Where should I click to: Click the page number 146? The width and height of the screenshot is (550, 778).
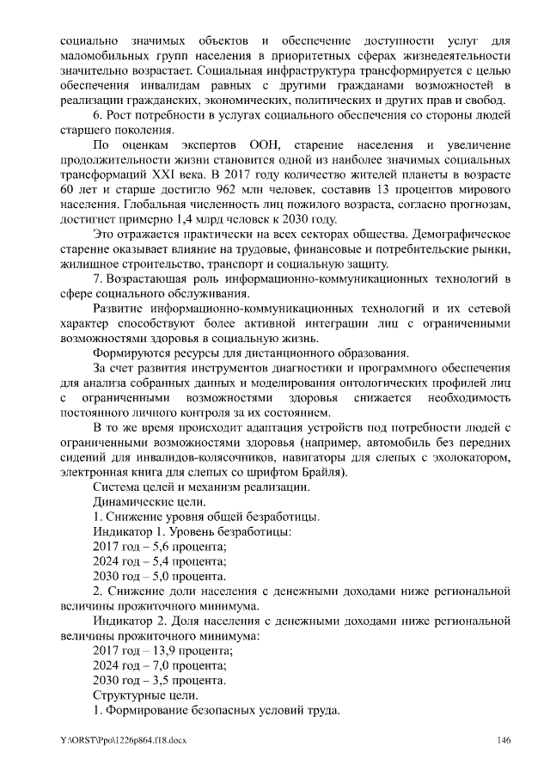(504, 740)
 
